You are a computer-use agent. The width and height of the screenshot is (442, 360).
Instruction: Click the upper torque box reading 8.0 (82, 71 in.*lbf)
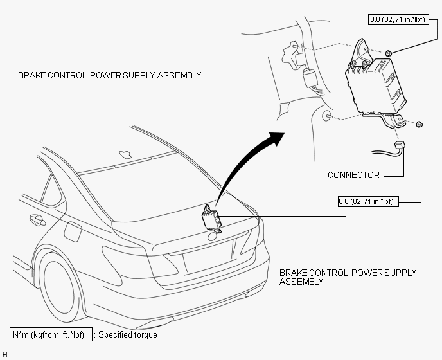[x=398, y=19]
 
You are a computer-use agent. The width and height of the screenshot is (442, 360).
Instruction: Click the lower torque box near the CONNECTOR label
[x=368, y=201]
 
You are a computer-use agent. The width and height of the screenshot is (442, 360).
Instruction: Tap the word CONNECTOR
[x=353, y=175]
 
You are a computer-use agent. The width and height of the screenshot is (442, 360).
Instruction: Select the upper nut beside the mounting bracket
[x=389, y=53]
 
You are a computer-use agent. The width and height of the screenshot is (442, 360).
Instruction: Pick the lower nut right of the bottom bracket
[x=420, y=124]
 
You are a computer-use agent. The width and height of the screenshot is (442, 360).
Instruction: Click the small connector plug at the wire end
[x=400, y=145]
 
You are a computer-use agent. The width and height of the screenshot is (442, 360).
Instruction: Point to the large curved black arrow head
[x=275, y=138]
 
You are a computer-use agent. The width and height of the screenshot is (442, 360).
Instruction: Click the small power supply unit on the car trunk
[x=212, y=219]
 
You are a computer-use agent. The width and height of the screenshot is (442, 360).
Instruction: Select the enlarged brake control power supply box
[x=376, y=85]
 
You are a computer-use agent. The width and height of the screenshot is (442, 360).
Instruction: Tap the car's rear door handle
[x=37, y=220]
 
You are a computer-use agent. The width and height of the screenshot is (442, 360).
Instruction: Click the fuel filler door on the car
[x=73, y=231]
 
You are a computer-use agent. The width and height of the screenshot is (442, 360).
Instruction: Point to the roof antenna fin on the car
[x=125, y=154]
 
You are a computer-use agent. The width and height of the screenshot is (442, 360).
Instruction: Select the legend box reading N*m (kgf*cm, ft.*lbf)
[x=51, y=334]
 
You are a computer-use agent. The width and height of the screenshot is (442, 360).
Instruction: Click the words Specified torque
[x=128, y=335]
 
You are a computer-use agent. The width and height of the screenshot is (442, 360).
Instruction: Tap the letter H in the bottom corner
[x=4, y=355]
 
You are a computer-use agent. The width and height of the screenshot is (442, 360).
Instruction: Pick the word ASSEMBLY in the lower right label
[x=301, y=282]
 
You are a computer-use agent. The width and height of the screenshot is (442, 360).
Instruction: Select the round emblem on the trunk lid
[x=212, y=237]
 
